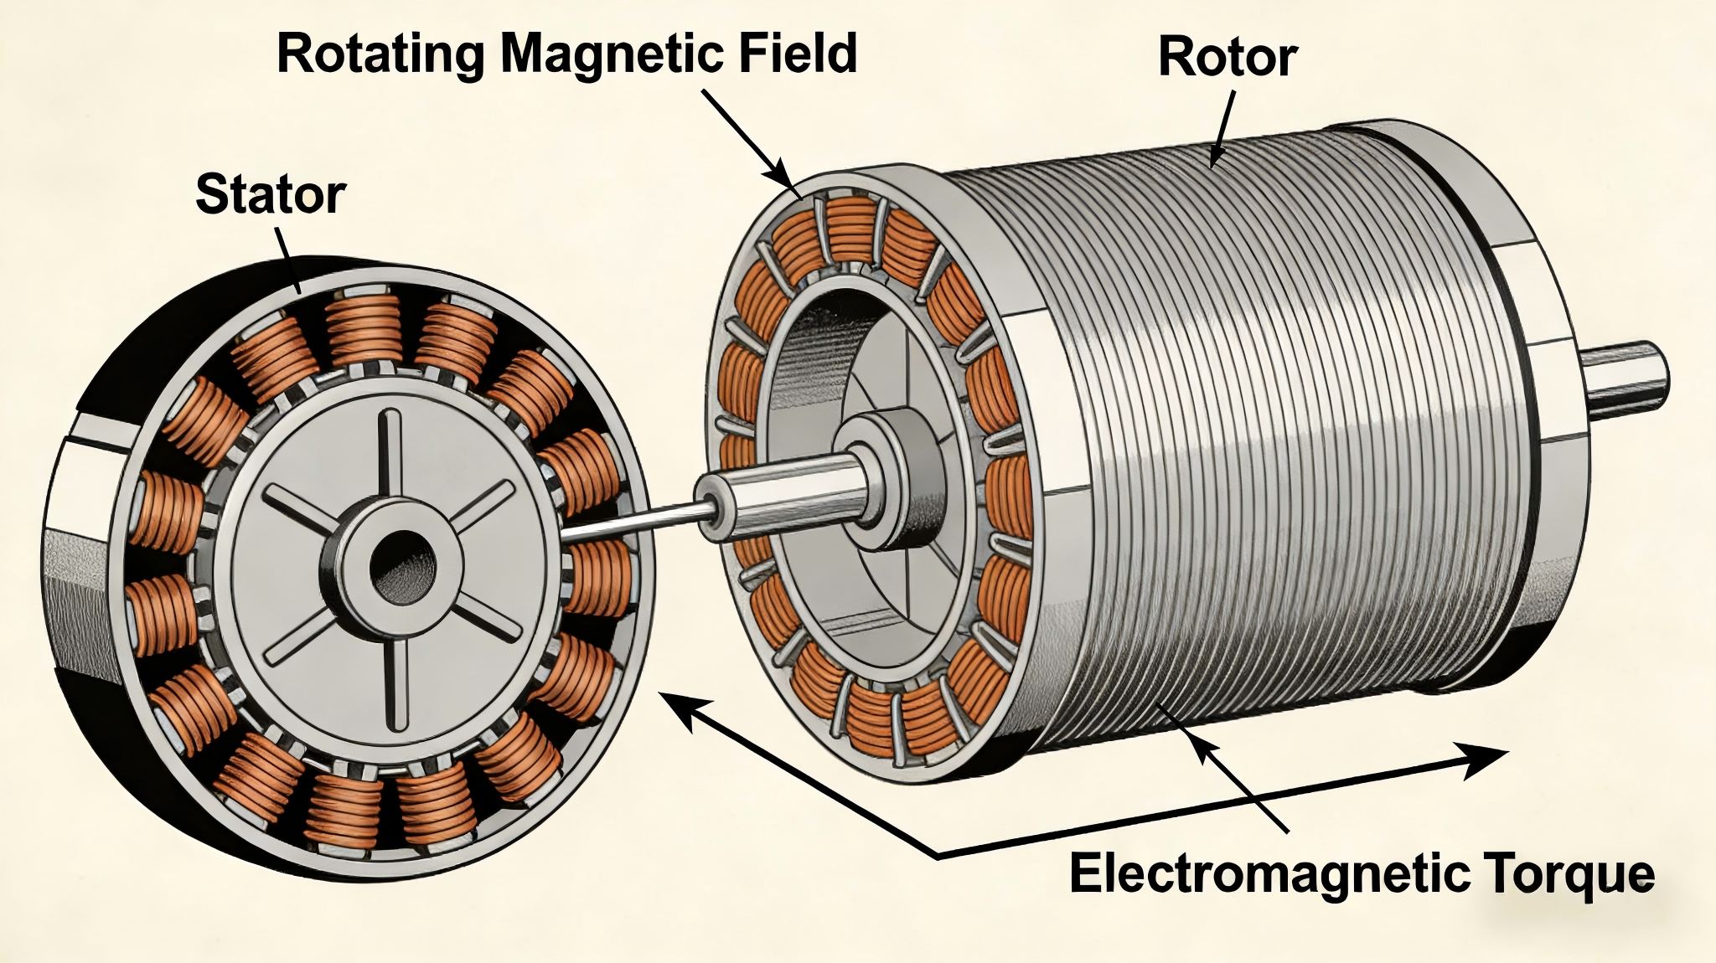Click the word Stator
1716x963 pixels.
270,194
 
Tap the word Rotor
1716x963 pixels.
1228,59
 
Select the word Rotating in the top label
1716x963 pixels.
380,54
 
